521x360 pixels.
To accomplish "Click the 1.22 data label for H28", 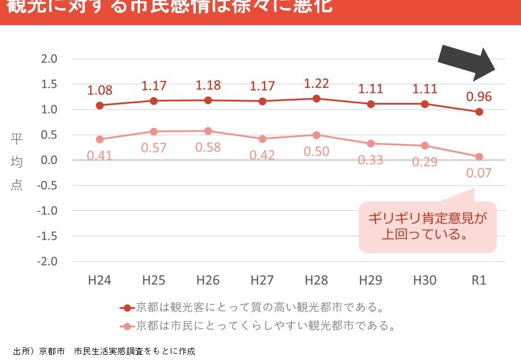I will pos(316,83).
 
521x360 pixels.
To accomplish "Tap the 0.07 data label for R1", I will pos(479,172).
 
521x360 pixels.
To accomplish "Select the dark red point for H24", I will pos(99,105).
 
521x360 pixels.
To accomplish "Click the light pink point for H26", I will pos(208,131).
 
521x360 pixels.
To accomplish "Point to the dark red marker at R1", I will pos(479,111).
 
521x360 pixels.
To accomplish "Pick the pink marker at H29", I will pos(371,143).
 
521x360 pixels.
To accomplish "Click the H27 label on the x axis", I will pos(262,280).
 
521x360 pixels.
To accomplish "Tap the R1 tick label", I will pos(479,280).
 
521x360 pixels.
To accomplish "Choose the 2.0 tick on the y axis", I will pos(50,59).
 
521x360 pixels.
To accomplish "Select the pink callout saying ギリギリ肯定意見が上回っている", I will pos(427,226).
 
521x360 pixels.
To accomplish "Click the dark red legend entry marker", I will pos(127,308).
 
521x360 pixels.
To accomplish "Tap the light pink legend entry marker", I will pos(127,326).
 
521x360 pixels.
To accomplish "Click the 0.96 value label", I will pos(479,96).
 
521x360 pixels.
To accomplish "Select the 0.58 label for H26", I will pos(208,147).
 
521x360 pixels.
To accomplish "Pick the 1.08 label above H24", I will pos(99,90).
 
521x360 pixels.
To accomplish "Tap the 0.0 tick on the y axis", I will pos(50,160).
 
